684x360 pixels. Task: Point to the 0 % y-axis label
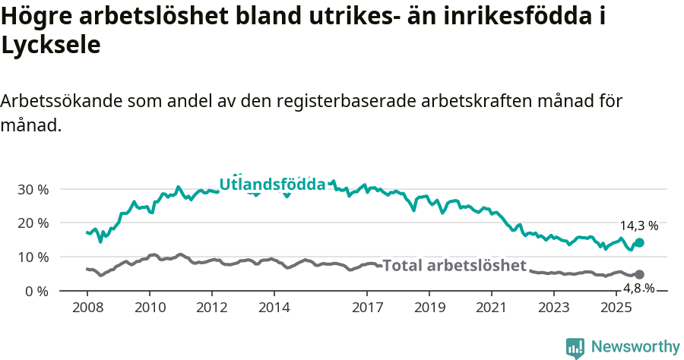coord(36,292)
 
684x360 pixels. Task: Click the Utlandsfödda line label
coord(272,185)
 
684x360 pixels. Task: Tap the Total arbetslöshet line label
coord(454,266)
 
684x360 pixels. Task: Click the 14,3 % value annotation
coord(639,226)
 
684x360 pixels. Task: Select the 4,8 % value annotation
coord(639,288)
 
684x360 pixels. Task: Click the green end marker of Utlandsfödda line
coord(639,242)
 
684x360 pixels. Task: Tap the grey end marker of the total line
coord(639,274)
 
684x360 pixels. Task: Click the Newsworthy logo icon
coord(575,347)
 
